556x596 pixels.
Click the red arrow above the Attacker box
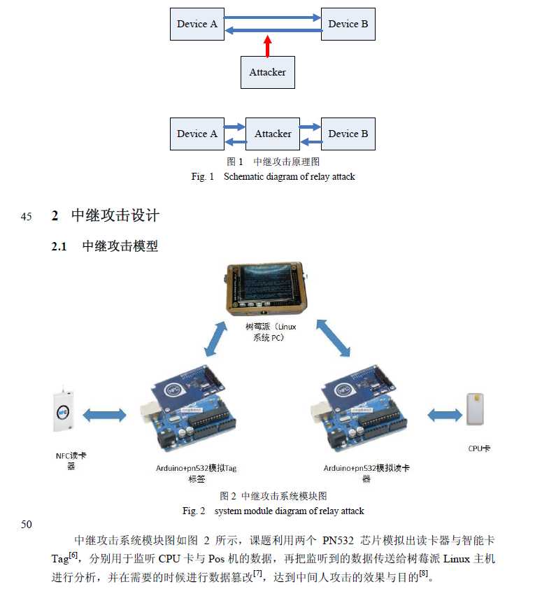(x=268, y=46)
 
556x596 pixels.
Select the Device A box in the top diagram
(x=197, y=24)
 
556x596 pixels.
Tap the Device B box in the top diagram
(x=348, y=24)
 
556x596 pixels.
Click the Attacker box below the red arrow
(x=268, y=72)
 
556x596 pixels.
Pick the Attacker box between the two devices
(x=273, y=134)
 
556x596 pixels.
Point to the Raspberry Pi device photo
(x=266, y=288)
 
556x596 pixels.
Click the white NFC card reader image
(x=63, y=410)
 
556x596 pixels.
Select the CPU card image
(x=475, y=409)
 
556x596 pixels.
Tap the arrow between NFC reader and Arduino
(x=104, y=415)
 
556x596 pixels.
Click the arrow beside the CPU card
(x=445, y=415)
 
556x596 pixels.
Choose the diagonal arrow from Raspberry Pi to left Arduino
(x=216, y=339)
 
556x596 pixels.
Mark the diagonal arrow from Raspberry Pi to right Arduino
(x=334, y=339)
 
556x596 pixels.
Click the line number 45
(x=26, y=217)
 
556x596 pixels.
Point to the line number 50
(x=26, y=525)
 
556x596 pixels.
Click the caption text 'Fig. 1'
(x=203, y=177)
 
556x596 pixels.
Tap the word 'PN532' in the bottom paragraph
(x=338, y=541)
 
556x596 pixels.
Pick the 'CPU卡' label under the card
(x=479, y=448)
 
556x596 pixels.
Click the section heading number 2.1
(x=59, y=246)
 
